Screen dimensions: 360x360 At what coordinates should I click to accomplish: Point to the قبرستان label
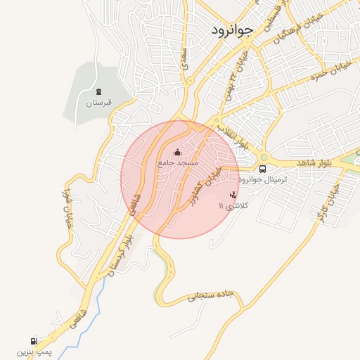pos(99,103)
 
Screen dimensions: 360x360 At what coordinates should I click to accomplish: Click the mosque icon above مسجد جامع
pos(177,152)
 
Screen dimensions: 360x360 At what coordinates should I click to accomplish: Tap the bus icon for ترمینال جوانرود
pos(262,169)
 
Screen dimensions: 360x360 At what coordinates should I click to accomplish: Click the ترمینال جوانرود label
pos(264,180)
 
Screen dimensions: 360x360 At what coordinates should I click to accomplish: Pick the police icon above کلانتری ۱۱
pos(233,195)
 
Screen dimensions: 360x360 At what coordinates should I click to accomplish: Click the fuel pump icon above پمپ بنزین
pos(34,340)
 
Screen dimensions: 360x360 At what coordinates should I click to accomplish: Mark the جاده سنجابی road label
pos(208,295)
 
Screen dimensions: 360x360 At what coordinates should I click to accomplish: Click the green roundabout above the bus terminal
pos(264,157)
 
